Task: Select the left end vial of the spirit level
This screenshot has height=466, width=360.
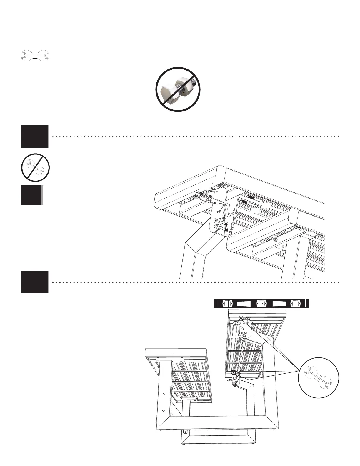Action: pyautogui.click(x=228, y=303)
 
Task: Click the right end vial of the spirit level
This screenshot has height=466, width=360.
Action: pyautogui.click(x=295, y=303)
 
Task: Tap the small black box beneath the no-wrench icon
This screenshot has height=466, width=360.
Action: pyautogui.click(x=31, y=195)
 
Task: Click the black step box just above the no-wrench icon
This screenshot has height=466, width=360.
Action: pyautogui.click(x=34, y=137)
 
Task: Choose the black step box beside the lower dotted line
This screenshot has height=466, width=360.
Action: pyautogui.click(x=34, y=282)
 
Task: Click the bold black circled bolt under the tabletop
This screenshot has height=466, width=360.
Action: pyautogui.click(x=233, y=372)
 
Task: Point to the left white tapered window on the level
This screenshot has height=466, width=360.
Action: pyautogui.click(x=244, y=303)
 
